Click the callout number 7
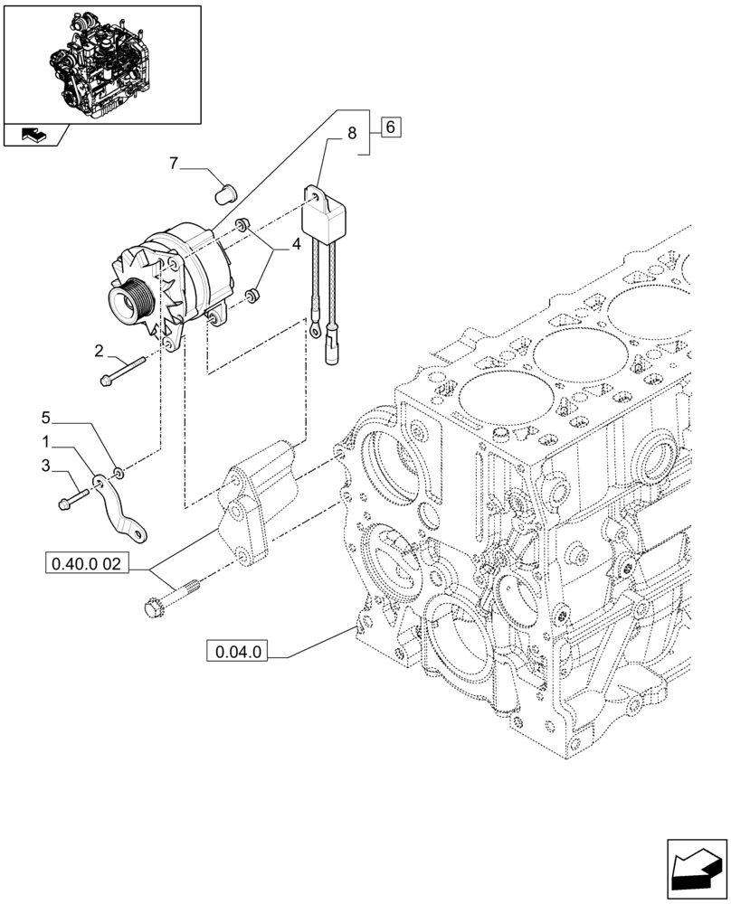click(x=174, y=163)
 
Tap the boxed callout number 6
click(x=390, y=127)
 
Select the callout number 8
click(x=351, y=137)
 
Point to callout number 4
click(x=295, y=243)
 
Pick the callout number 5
click(x=46, y=418)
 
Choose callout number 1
click(x=46, y=443)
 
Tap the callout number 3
click(x=46, y=466)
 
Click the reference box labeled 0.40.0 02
click(x=87, y=566)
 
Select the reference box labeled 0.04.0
click(x=238, y=651)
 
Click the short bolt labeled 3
click(x=71, y=497)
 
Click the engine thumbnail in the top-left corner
click(x=102, y=63)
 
